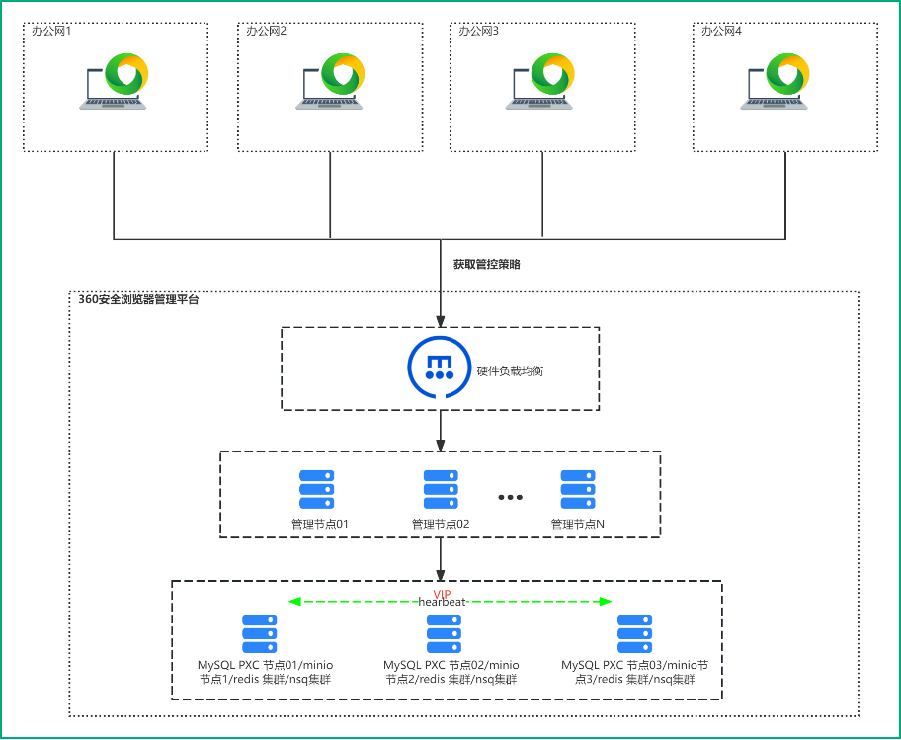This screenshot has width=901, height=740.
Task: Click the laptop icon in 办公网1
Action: pyautogui.click(x=115, y=81)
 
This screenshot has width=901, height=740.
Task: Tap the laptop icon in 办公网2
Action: pyautogui.click(x=330, y=81)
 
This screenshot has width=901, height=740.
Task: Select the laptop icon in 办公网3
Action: pyautogui.click(x=540, y=81)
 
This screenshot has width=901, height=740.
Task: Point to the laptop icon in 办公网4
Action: pyautogui.click(x=776, y=81)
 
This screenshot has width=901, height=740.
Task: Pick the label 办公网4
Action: pyautogui.click(x=721, y=32)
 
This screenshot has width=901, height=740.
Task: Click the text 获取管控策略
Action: pyautogui.click(x=487, y=265)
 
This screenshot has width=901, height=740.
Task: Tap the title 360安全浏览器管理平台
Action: pyautogui.click(x=138, y=299)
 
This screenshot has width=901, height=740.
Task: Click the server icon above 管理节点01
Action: pyautogui.click(x=316, y=489)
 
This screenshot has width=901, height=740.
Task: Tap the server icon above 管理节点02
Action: pyautogui.click(x=441, y=489)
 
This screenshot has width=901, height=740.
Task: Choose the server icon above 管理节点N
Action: pyautogui.click(x=578, y=489)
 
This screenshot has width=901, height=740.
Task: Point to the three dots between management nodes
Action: pyautogui.click(x=510, y=496)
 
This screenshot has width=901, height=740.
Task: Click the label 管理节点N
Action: pyautogui.click(x=578, y=524)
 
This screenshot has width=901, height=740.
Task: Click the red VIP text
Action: pyautogui.click(x=442, y=593)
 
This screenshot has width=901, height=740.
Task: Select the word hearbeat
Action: pyautogui.click(x=442, y=602)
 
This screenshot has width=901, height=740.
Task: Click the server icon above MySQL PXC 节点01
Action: pyautogui.click(x=260, y=633)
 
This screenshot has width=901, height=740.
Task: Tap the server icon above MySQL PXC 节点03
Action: pyautogui.click(x=634, y=633)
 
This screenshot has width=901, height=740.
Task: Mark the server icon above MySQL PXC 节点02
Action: pyautogui.click(x=444, y=633)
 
